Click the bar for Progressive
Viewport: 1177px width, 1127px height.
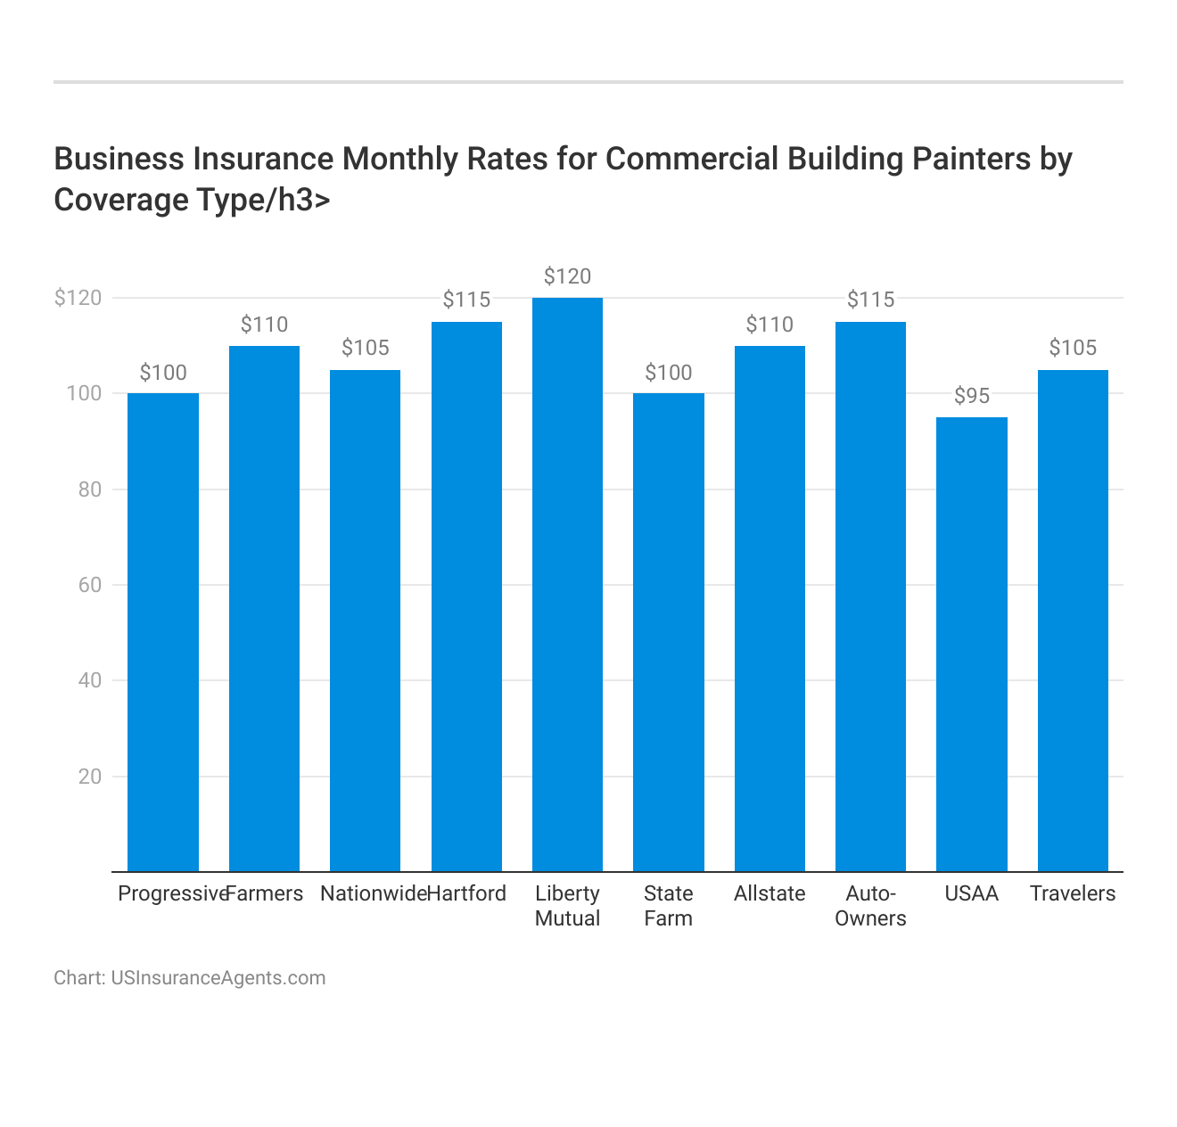[163, 632]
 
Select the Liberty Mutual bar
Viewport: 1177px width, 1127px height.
[567, 584]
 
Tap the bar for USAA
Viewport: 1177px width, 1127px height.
[972, 644]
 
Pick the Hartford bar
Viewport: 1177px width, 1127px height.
[466, 596]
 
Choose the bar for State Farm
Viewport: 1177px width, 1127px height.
[669, 632]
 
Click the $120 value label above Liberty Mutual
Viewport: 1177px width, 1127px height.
[567, 276]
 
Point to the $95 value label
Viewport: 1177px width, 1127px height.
[972, 396]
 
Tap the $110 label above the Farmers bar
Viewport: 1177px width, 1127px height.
[264, 325]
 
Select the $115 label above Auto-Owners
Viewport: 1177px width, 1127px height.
[870, 300]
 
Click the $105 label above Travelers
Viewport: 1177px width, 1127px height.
[1073, 348]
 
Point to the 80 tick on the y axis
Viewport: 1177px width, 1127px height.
[90, 489]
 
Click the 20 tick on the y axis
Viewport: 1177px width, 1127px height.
[90, 777]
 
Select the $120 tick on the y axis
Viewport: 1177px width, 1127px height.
[78, 298]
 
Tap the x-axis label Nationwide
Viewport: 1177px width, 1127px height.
[373, 893]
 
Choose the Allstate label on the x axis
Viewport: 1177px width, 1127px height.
[770, 893]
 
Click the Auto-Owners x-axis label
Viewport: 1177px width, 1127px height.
[870, 906]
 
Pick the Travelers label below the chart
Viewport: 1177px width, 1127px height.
[1073, 893]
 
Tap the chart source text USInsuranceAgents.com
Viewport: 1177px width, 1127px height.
[218, 978]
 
